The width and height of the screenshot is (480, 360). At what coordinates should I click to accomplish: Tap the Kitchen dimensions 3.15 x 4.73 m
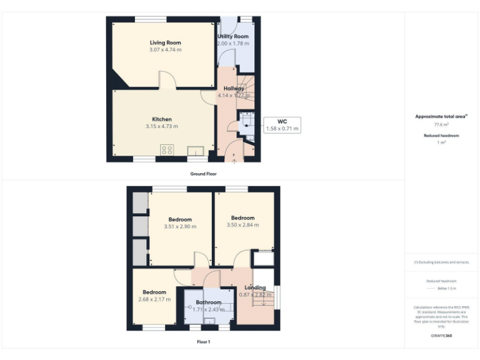[x=162, y=126]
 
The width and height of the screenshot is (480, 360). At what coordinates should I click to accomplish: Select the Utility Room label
[x=233, y=37]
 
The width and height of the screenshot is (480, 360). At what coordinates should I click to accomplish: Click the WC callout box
[x=282, y=125]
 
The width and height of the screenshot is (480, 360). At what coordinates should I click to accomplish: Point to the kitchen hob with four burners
[x=167, y=149]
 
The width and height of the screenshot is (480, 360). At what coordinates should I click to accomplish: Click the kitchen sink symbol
[x=196, y=151]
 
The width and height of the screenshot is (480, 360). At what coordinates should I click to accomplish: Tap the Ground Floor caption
[x=203, y=173]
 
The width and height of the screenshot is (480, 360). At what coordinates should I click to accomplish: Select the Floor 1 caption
[x=203, y=342]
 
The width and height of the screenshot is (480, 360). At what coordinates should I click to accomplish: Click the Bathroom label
[x=208, y=302]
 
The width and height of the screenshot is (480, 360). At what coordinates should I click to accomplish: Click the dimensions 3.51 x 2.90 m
[x=180, y=226]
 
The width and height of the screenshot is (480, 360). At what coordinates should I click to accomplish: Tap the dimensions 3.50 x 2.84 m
[x=242, y=225]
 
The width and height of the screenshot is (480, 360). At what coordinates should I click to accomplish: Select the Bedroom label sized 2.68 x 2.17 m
[x=154, y=292]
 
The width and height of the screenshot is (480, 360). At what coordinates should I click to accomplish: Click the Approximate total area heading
[x=441, y=116]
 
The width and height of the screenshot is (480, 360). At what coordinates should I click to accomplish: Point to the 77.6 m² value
[x=442, y=125]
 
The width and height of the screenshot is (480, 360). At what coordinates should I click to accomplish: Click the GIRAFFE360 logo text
[x=441, y=336]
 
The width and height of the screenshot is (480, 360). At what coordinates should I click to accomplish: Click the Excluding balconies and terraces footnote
[x=442, y=262]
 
